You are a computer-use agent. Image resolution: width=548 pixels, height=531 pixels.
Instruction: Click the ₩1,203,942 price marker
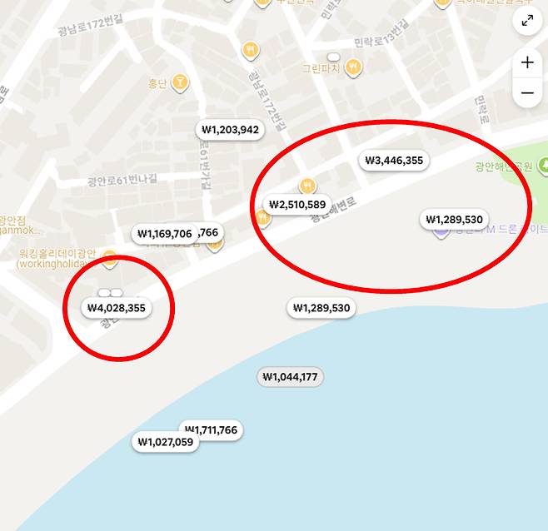230,130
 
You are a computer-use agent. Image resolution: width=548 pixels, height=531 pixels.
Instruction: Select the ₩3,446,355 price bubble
394,161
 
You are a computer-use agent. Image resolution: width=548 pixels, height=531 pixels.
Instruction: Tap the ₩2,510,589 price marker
297,204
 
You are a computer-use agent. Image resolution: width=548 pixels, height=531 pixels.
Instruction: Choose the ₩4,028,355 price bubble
117,308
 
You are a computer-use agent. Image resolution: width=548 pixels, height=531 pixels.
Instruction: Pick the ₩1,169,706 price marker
164,234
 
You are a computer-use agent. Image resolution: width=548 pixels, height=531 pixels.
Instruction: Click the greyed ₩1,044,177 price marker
290,377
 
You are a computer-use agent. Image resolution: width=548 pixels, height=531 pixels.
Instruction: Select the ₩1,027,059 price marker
166,442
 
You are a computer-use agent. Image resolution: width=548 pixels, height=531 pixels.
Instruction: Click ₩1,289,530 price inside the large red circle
453,220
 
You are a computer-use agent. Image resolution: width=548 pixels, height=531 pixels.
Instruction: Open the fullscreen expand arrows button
527,21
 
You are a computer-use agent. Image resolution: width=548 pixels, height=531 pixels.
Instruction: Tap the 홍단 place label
157,82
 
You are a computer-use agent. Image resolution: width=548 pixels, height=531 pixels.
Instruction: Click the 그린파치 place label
321,67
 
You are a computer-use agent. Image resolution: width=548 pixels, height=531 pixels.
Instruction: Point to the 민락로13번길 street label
381,42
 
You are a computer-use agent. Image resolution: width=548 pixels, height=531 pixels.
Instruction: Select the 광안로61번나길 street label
122,181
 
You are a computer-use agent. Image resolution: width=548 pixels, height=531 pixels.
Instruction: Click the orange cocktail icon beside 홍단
179,82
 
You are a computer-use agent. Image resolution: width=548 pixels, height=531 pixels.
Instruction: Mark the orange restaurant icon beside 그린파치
355,67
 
